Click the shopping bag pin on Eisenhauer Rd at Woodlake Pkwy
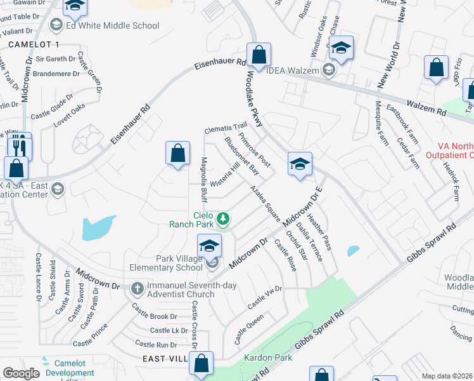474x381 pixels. click(259, 55)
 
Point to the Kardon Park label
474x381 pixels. click(269, 358)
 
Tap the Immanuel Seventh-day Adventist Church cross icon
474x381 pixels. click(138, 290)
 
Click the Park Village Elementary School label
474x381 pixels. click(170, 263)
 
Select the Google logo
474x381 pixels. click(21, 373)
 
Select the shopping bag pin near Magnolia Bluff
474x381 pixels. click(178, 154)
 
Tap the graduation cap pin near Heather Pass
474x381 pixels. click(299, 164)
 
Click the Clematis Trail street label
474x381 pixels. click(225, 129)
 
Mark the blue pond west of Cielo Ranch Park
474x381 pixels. click(98, 227)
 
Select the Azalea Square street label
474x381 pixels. click(264, 203)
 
